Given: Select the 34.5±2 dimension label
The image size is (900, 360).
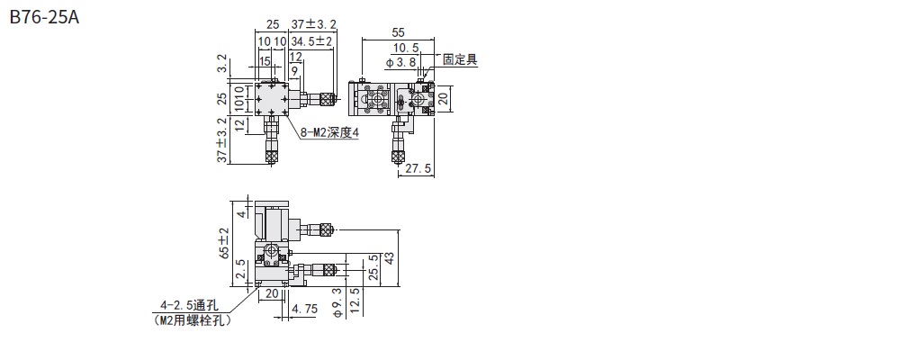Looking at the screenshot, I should [312, 41].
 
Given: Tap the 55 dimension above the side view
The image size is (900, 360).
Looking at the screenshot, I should [398, 31].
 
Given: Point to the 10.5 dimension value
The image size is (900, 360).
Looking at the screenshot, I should [406, 48].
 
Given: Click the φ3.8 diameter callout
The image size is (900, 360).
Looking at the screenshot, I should [400, 61].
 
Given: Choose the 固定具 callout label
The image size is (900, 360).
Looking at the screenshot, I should [460, 60].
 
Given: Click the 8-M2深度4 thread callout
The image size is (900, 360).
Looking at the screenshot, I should [329, 132].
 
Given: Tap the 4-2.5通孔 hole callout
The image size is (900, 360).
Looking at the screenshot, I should [192, 306].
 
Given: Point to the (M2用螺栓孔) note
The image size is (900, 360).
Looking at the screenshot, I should [193, 320].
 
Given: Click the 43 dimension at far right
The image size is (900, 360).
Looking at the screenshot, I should [390, 257].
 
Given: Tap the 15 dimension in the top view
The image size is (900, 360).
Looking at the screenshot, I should [265, 60].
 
